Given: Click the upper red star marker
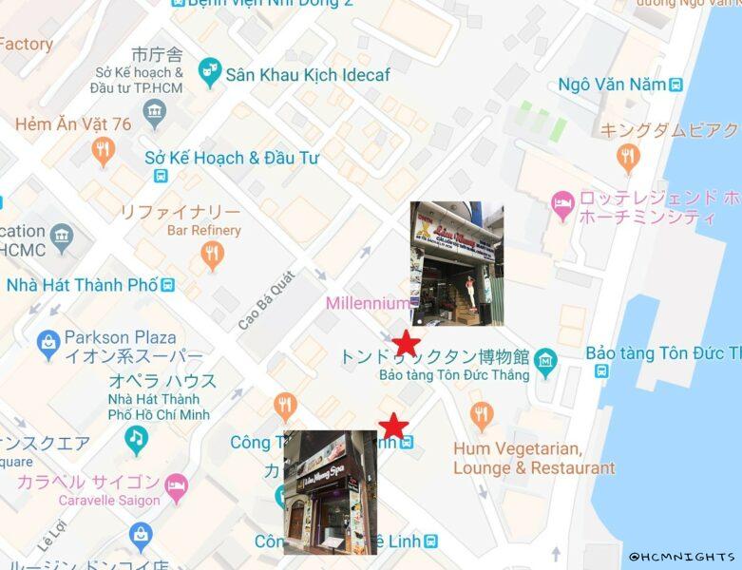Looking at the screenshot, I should point(406,343).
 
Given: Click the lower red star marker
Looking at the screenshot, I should point(392,426).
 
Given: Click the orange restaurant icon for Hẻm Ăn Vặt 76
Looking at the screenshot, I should point(104,150).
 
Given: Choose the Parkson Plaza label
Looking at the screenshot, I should point(120,337).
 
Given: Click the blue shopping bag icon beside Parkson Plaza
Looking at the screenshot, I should point(48,346).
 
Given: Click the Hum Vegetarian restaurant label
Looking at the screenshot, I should point(534,458).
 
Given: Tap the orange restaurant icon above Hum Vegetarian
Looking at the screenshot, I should point(482,415).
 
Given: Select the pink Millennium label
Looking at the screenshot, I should point(367,303).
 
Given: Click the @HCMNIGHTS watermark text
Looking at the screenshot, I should point(681,557).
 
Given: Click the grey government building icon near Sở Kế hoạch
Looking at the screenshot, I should point(155,115).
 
